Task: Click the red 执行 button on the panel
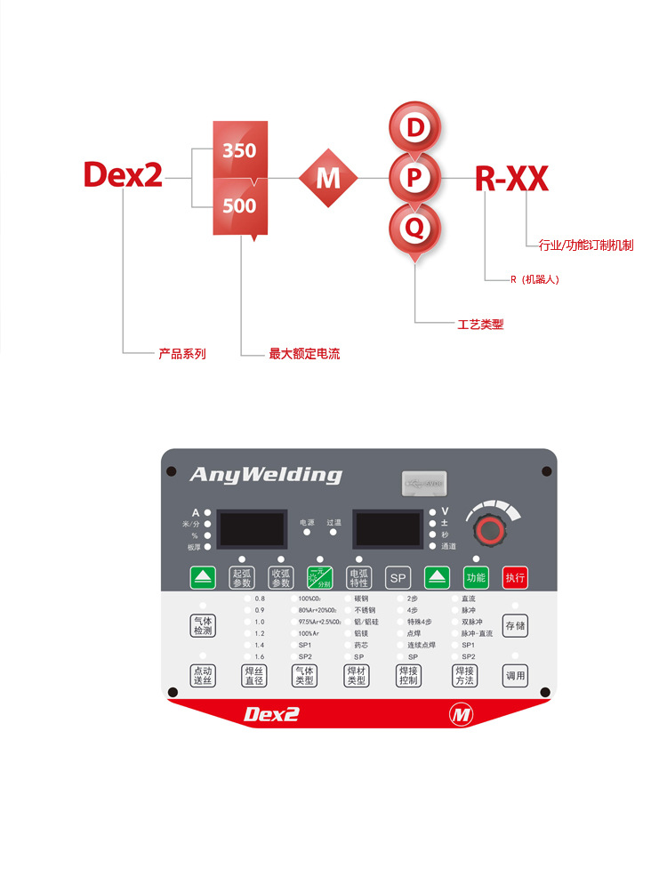click(x=515, y=577)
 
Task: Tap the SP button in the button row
click(x=398, y=577)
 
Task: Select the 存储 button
click(x=515, y=625)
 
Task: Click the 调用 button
click(x=515, y=675)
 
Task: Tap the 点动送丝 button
click(x=202, y=675)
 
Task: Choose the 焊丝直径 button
click(x=253, y=675)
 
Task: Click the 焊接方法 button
click(x=463, y=675)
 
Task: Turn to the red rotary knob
click(x=487, y=531)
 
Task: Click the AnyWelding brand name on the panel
click(x=265, y=475)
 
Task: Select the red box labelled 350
click(x=239, y=150)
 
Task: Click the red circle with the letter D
click(x=414, y=128)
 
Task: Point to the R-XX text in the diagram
click(x=511, y=179)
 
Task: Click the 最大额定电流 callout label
click(x=304, y=354)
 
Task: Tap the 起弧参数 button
click(x=242, y=577)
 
